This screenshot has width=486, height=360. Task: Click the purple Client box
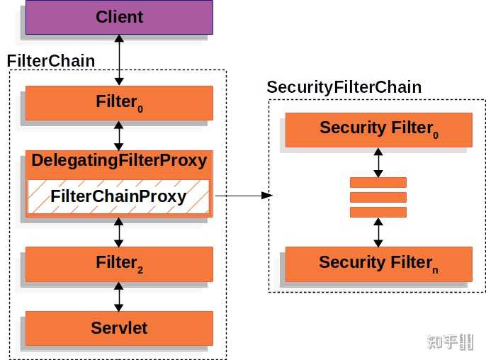click(119, 17)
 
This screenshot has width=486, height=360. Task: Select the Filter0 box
click(119, 103)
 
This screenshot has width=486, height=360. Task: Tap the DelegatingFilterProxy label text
click(119, 160)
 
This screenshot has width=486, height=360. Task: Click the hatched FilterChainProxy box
click(119, 196)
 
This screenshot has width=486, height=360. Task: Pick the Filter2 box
click(119, 264)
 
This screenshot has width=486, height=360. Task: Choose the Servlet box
click(119, 328)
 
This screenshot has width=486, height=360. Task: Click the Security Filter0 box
click(378, 129)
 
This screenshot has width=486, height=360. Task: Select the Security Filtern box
click(378, 264)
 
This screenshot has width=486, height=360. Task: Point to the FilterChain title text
click(51, 61)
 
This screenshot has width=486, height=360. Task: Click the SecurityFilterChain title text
click(344, 87)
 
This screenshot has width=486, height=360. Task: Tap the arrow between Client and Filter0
click(119, 60)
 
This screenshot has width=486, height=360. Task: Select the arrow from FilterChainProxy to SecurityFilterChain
click(244, 195)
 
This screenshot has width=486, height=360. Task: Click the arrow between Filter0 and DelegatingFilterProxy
click(119, 135)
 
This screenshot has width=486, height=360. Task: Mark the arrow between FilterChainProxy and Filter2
click(119, 232)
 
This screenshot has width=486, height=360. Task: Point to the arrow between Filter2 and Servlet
click(119, 296)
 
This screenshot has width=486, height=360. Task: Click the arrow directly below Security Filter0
click(378, 162)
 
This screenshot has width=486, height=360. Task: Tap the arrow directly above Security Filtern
click(378, 232)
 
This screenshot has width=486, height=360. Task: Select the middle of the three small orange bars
click(378, 197)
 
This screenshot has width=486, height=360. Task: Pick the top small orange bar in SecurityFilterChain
click(378, 182)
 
